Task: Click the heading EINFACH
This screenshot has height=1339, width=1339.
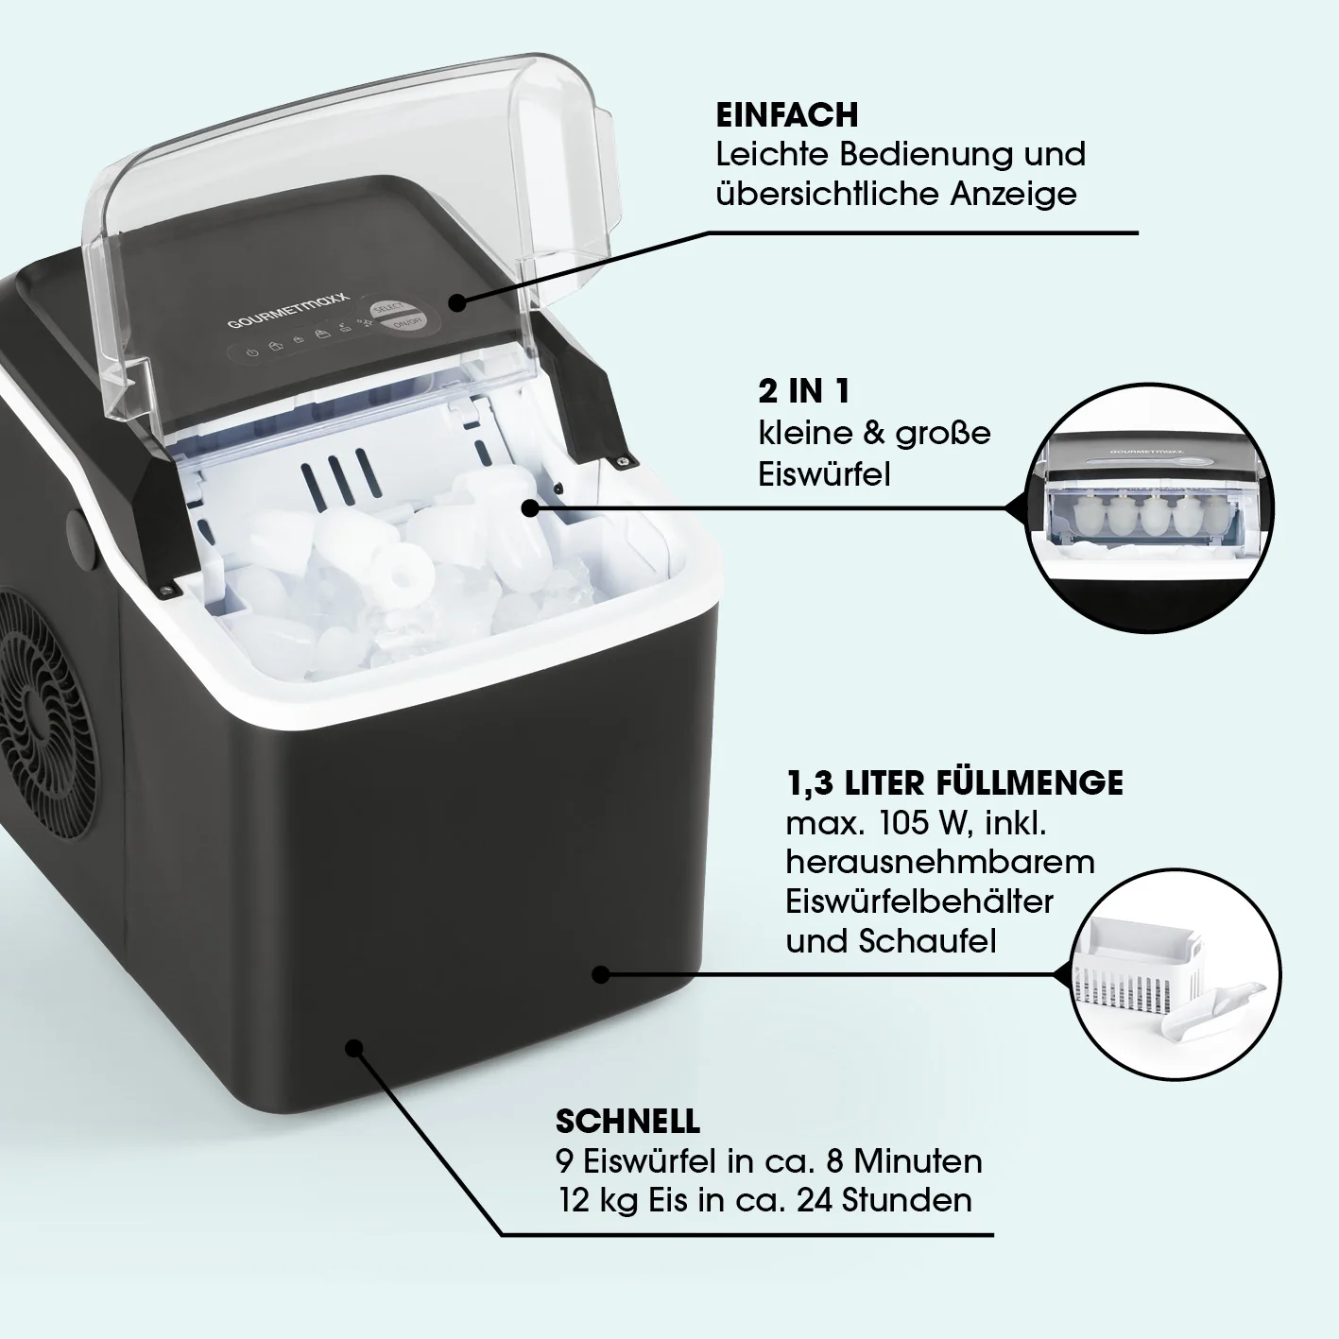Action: pos(786,115)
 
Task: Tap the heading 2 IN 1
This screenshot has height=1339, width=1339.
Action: pos(804,392)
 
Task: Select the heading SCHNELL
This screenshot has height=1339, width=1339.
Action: pos(628,1121)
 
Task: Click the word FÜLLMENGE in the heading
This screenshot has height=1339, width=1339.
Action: pos(1030,783)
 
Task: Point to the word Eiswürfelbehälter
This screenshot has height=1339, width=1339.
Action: pos(919,901)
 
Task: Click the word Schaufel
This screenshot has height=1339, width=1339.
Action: pos(928,941)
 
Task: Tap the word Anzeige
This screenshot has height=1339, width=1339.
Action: pos(1013,194)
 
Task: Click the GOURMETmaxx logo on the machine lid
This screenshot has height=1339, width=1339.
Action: pos(288,311)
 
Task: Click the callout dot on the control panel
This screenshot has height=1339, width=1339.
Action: pos(457,303)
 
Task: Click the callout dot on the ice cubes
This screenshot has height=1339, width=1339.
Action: pos(530,508)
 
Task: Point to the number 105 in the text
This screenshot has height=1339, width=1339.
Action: pos(903,823)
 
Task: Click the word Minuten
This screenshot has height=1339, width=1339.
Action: pos(918,1161)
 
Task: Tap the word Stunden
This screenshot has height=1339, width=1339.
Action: pos(907,1200)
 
